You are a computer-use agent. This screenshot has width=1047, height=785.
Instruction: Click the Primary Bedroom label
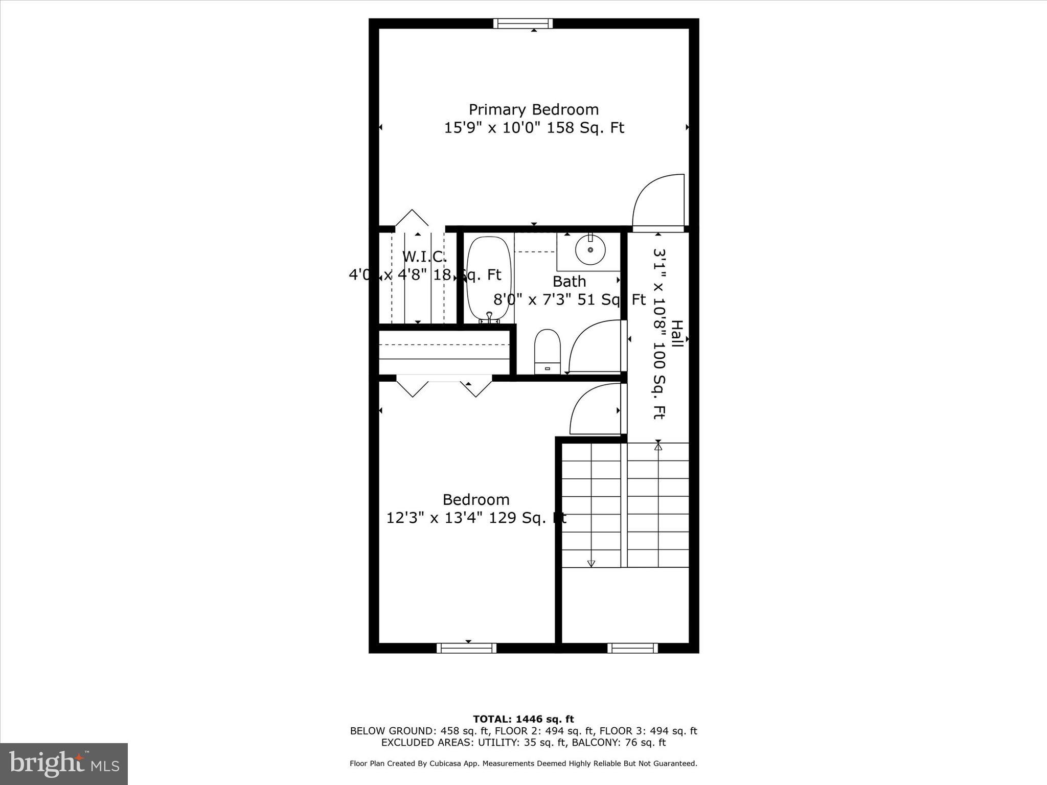coord(533,109)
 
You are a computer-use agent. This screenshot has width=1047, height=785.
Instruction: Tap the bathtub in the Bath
coord(489,279)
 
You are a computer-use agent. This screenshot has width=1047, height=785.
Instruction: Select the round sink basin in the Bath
coord(590,250)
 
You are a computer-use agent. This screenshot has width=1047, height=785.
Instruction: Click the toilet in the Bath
coord(547,350)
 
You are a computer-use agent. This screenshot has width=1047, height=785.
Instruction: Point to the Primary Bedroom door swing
coord(657,200)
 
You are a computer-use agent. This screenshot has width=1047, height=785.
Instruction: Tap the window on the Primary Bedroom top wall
coord(523,24)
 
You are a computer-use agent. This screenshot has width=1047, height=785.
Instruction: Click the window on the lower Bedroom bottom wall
coord(466,648)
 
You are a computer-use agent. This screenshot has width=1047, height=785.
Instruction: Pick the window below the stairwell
coord(632,648)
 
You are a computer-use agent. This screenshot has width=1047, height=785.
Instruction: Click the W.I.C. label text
coord(424,256)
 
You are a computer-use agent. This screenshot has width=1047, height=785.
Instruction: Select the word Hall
coord(676,334)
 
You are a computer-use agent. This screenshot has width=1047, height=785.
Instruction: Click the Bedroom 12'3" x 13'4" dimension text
coord(476,518)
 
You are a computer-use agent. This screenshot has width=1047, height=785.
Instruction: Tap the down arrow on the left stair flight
coord(591,563)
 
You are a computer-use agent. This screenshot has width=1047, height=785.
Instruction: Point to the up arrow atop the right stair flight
coord(658,447)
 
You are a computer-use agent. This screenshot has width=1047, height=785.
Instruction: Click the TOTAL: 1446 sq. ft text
coord(523,719)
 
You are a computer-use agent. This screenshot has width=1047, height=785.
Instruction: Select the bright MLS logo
coord(64,764)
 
